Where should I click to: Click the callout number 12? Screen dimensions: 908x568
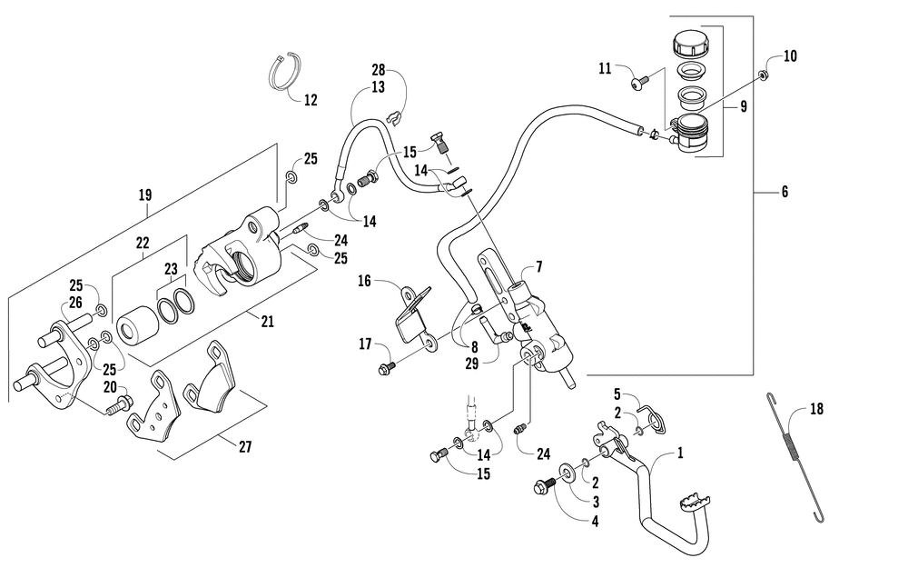[311, 100]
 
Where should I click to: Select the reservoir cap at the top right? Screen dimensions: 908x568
[691, 45]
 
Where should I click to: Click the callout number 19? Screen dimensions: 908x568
[145, 194]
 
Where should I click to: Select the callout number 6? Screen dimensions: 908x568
[785, 191]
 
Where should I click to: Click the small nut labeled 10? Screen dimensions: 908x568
[764, 75]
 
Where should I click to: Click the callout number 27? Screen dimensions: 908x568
[245, 447]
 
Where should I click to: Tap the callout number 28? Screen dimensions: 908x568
[378, 70]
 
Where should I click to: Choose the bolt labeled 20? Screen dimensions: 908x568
[120, 405]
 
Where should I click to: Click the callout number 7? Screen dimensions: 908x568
[539, 266]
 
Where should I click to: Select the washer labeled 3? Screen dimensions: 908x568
[566, 471]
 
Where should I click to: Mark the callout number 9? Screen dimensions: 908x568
[744, 106]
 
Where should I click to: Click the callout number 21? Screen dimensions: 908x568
[267, 321]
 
